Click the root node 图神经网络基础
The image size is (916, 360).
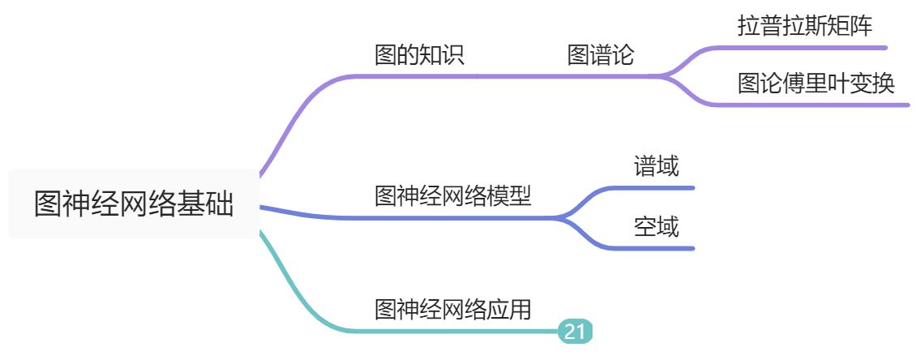(134, 204)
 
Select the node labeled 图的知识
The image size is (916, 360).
(418, 55)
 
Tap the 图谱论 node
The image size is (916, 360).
(600, 55)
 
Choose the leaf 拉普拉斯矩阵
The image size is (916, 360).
(805, 26)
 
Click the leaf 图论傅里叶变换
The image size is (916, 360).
(816, 84)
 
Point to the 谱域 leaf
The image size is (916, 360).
(657, 166)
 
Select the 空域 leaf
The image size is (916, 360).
(657, 227)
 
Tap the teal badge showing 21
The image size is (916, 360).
(575, 331)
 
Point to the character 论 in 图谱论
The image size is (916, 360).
(623, 55)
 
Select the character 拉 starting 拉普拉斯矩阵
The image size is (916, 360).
(749, 26)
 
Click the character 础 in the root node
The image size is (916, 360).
(220, 204)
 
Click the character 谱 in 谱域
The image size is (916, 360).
(645, 166)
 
